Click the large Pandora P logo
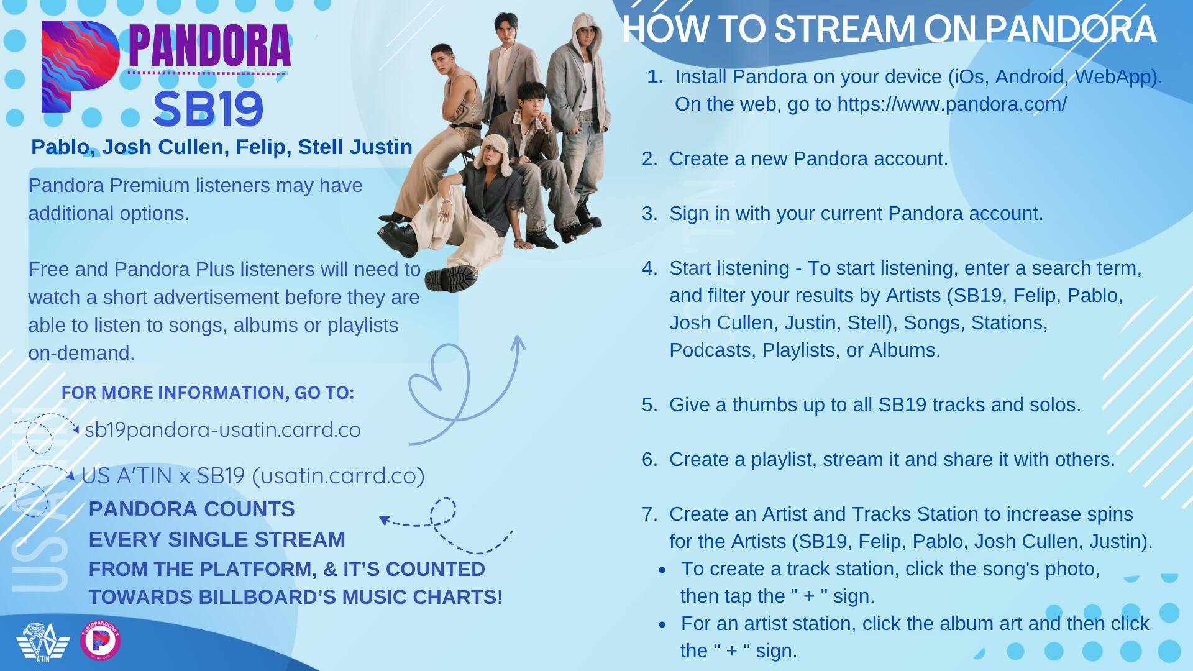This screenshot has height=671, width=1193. (x=80, y=66)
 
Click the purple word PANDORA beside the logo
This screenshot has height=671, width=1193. (x=209, y=46)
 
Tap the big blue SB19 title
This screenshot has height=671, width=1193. (x=208, y=109)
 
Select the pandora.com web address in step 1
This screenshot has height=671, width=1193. (x=952, y=104)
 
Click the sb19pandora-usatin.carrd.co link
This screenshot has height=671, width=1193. (x=222, y=430)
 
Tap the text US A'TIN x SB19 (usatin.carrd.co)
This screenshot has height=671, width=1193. (x=253, y=476)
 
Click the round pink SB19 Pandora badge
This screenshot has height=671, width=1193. (x=101, y=640)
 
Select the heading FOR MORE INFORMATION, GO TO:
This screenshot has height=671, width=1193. (x=208, y=393)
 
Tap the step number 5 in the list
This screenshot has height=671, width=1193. (x=649, y=405)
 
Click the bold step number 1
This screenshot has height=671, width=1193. (x=655, y=76)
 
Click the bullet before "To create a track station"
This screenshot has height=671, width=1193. (x=663, y=570)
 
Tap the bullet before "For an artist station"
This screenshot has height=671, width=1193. (x=663, y=624)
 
